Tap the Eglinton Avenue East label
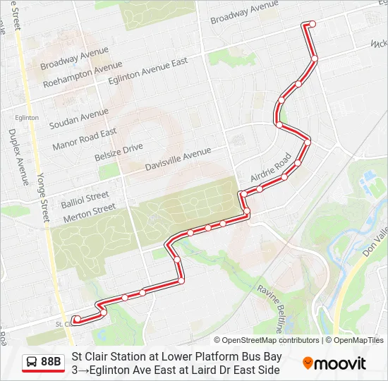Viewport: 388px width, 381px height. point(147,71)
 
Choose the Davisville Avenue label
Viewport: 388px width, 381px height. point(178,160)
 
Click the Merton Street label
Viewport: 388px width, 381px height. point(89,210)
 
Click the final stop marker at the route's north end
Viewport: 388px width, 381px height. point(312,24)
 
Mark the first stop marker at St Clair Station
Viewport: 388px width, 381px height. point(76,320)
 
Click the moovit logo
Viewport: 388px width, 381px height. point(334,363)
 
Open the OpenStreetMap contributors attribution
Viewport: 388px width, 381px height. point(267,340)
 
